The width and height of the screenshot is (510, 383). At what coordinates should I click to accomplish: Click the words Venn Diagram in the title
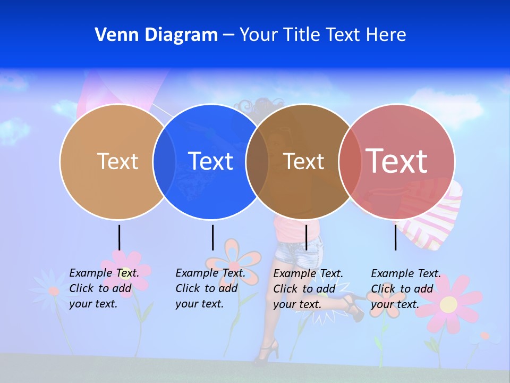[x=156, y=35]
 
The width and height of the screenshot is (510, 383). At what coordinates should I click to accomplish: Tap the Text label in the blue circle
[x=211, y=161]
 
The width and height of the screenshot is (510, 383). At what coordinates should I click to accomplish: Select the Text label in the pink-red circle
[x=396, y=161]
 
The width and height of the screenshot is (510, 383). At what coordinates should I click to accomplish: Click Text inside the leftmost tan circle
[x=117, y=161]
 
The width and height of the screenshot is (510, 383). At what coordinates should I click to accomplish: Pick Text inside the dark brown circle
[x=303, y=161]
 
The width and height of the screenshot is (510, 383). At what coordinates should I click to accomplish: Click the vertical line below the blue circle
[x=212, y=237]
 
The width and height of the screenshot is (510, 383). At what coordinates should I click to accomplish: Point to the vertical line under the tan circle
[x=119, y=237]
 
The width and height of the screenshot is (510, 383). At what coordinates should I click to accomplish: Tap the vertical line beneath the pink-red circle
[x=395, y=237]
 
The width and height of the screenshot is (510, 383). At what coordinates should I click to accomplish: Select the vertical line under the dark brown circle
[x=306, y=237]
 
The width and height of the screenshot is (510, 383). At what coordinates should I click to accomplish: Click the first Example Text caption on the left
[x=104, y=288]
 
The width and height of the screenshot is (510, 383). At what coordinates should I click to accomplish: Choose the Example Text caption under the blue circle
[x=210, y=288]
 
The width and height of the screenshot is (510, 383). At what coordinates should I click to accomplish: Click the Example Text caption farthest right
[x=405, y=289]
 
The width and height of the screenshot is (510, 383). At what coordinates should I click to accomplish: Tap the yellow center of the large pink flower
[x=449, y=304]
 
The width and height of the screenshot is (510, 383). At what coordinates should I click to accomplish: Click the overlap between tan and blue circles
[x=165, y=161]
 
